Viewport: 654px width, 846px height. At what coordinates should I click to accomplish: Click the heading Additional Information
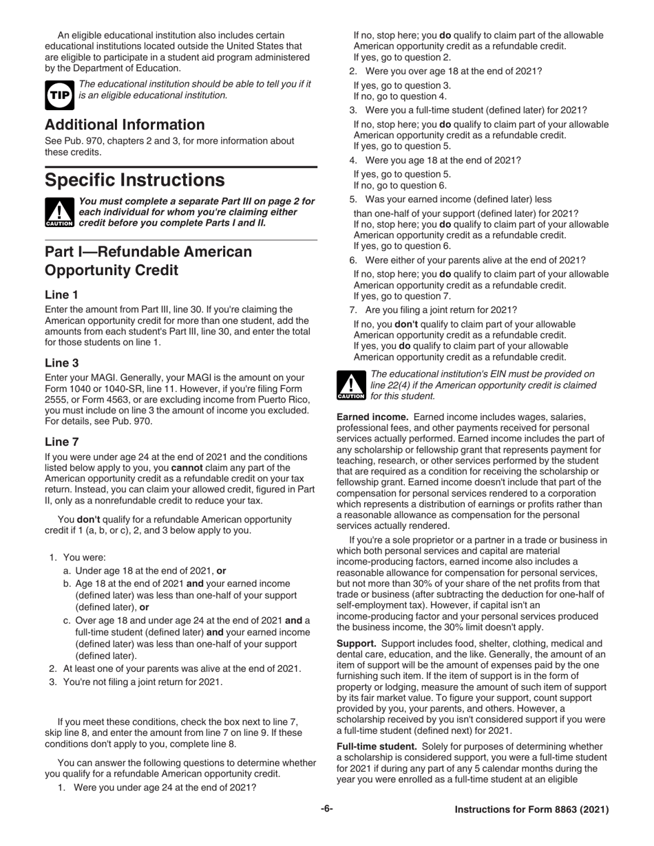click(125, 124)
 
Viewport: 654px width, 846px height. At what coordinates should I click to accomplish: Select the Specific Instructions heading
click(134, 180)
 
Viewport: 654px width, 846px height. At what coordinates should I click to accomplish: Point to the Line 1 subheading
click(61, 294)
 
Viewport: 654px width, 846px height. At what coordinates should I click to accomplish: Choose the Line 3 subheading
click(61, 362)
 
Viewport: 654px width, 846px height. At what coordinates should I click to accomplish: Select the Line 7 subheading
click(61, 442)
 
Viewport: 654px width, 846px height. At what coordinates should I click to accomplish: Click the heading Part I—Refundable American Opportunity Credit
click(148, 261)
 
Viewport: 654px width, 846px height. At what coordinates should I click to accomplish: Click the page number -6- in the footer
click(326, 809)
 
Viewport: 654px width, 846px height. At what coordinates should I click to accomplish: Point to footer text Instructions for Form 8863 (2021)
click(531, 810)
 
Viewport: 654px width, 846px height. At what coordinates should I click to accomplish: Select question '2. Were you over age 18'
click(445, 72)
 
